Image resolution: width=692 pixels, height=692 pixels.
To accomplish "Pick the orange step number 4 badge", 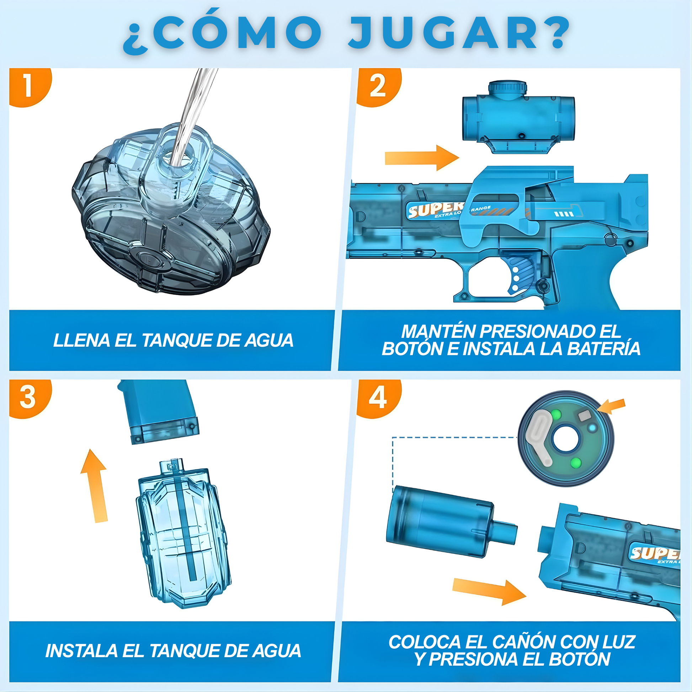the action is point(378,398).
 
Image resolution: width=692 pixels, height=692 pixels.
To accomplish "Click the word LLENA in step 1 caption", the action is point(81,340).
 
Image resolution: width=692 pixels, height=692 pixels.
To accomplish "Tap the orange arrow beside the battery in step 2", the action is point(422,158).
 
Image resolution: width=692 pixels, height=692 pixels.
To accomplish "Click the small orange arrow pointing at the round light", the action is point(612,406).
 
